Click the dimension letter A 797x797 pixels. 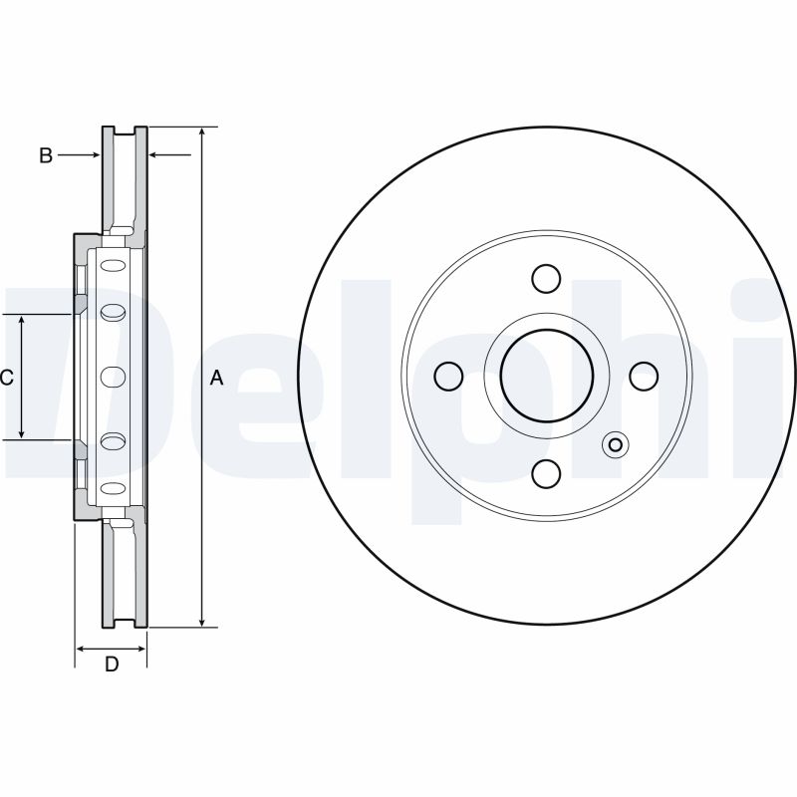217,378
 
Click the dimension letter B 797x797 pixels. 45,155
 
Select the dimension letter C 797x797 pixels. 6,378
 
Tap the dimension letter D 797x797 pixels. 112,664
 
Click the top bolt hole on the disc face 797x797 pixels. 546,279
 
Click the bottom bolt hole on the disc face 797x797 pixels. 546,473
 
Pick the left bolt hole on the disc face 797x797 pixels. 449,377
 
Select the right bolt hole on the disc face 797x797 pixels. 644,377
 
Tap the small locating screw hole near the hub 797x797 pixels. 614,445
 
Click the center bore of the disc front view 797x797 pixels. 546,377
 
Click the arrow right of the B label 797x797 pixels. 80,154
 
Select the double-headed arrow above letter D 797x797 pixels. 112,647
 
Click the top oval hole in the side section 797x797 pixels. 114,266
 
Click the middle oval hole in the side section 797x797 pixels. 114,377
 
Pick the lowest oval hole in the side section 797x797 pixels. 114,487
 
